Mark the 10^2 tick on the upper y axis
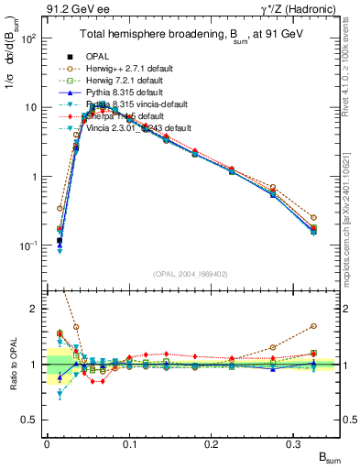pos(29,39)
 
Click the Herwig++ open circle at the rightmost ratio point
pos(313,326)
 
